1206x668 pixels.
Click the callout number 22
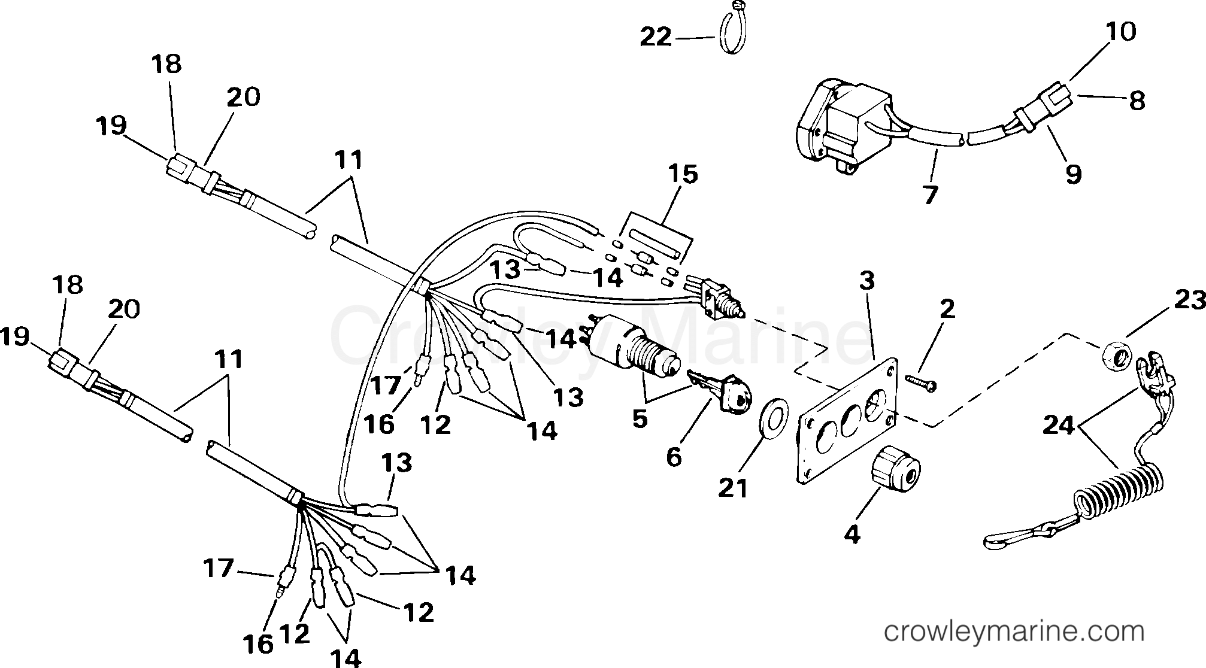[656, 38]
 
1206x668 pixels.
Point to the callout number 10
[1120, 31]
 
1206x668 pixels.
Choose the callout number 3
[866, 280]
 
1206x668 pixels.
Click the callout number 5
[640, 418]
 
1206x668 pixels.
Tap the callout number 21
[734, 488]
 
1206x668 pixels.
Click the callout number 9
[1073, 174]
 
